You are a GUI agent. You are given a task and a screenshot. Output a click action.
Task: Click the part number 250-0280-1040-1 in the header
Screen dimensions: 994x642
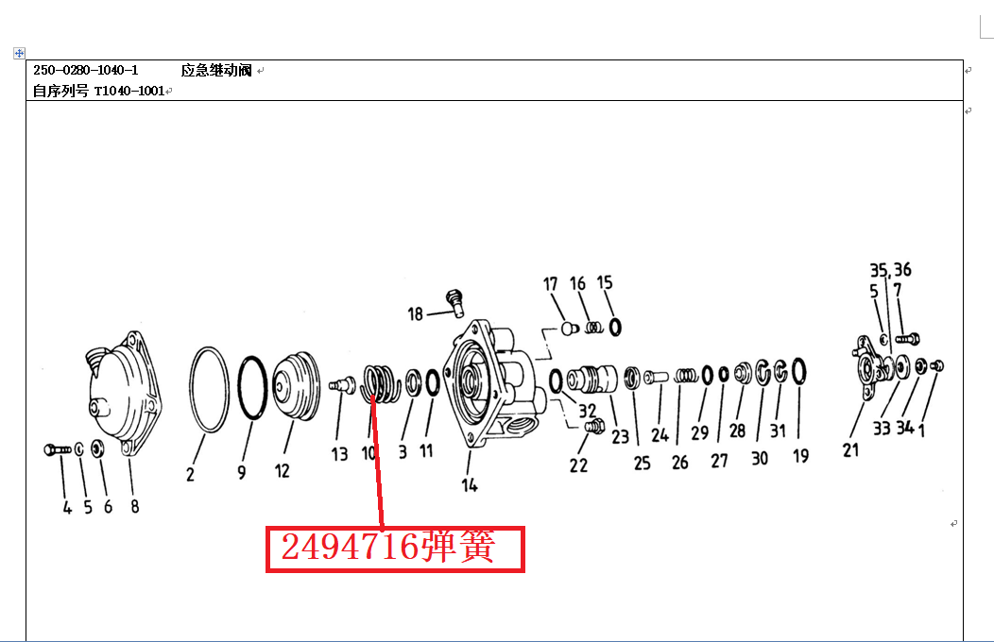coord(86,70)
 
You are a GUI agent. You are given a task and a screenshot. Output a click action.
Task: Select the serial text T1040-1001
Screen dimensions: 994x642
coord(129,91)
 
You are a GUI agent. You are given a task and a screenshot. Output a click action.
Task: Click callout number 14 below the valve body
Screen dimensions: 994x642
coord(469,485)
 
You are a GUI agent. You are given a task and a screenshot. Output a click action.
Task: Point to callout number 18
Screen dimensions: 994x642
coord(415,314)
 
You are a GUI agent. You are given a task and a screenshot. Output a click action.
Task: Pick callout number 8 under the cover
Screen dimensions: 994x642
coord(134,506)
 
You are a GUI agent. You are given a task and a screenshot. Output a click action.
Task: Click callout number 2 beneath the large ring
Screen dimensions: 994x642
coord(190,474)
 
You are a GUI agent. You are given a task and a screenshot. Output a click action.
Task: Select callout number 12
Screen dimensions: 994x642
coord(283,470)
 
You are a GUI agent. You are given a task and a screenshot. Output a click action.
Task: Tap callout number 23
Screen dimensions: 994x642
coord(620,436)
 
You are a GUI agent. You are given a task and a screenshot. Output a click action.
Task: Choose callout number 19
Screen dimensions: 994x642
coord(800,455)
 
